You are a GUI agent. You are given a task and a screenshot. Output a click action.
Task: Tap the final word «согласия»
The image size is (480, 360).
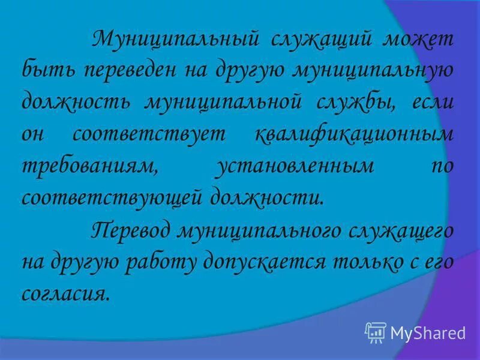pos(66,294)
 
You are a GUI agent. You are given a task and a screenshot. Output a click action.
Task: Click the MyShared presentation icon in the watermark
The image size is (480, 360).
pos(376,332)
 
